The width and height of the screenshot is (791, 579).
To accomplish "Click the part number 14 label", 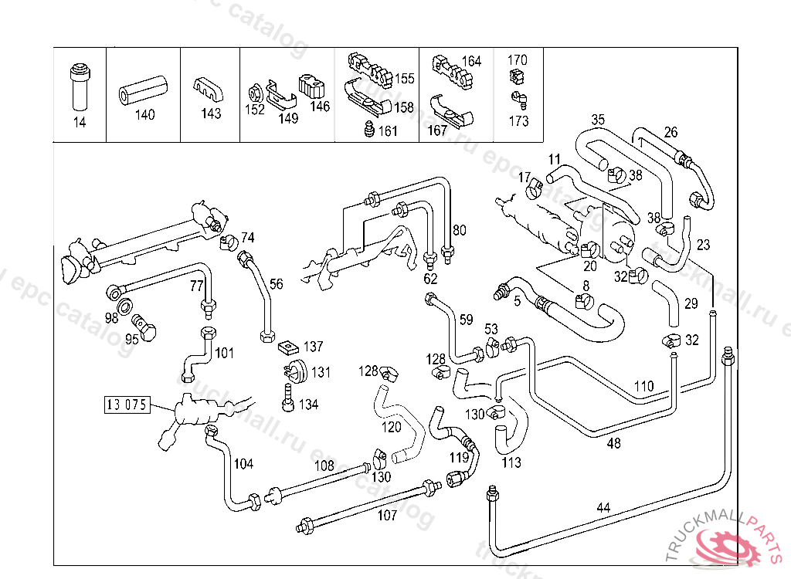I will [x=80, y=123].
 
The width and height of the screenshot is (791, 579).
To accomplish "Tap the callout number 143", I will [x=211, y=113].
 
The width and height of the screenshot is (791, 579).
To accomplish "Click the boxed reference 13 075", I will [x=126, y=404].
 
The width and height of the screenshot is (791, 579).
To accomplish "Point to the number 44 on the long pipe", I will [x=603, y=508].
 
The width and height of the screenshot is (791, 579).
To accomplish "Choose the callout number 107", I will [x=386, y=515].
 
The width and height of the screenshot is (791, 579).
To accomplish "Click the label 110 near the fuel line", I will [x=643, y=386].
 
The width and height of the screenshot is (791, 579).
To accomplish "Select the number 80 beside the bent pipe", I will [x=459, y=230].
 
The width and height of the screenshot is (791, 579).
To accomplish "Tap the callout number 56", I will [x=276, y=283].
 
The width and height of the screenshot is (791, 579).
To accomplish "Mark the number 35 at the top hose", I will [x=598, y=120].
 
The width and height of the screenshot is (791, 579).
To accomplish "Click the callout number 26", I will [x=670, y=132].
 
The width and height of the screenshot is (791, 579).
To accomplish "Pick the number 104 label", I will [x=243, y=464].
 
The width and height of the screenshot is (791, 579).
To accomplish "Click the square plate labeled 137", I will [x=288, y=347].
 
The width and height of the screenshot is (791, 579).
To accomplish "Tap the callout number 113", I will [x=511, y=462].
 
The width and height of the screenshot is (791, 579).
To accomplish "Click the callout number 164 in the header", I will [x=471, y=61].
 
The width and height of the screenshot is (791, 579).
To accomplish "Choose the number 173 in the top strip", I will [x=519, y=121].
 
